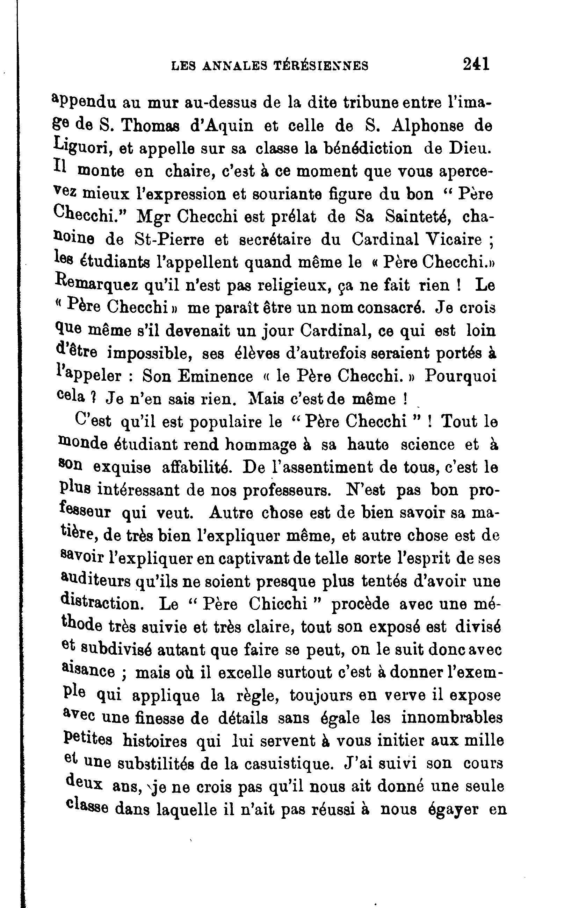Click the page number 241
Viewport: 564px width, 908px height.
pos(476,64)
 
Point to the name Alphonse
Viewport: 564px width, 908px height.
pos(427,126)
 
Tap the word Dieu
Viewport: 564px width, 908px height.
pos(469,148)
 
